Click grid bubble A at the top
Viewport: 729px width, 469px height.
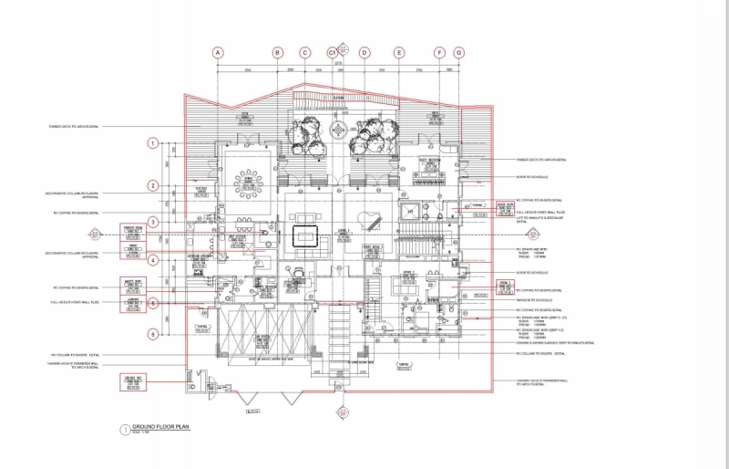218,53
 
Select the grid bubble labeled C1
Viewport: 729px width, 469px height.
334,53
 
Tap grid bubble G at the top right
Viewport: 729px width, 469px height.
458,53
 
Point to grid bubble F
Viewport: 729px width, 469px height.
439,53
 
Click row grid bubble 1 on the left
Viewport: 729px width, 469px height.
154,143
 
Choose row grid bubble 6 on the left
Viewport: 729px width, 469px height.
154,334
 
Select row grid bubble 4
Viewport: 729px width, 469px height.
154,260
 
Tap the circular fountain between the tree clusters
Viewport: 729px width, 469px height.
339,130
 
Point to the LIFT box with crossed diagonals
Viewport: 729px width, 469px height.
411,212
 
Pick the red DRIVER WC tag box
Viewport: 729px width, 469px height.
133,380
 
